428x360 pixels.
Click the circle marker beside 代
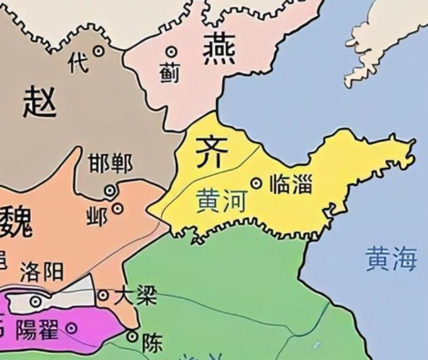click(98, 51)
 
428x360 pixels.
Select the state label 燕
click(219, 47)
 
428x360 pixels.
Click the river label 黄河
click(219, 197)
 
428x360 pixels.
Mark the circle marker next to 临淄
click(256, 183)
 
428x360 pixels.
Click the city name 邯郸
click(110, 165)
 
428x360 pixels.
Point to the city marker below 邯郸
click(109, 190)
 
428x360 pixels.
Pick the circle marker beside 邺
click(117, 209)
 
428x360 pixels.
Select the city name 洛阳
click(40, 271)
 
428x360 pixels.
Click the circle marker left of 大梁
click(103, 294)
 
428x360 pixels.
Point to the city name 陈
click(152, 343)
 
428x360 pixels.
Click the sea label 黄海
click(392, 259)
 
